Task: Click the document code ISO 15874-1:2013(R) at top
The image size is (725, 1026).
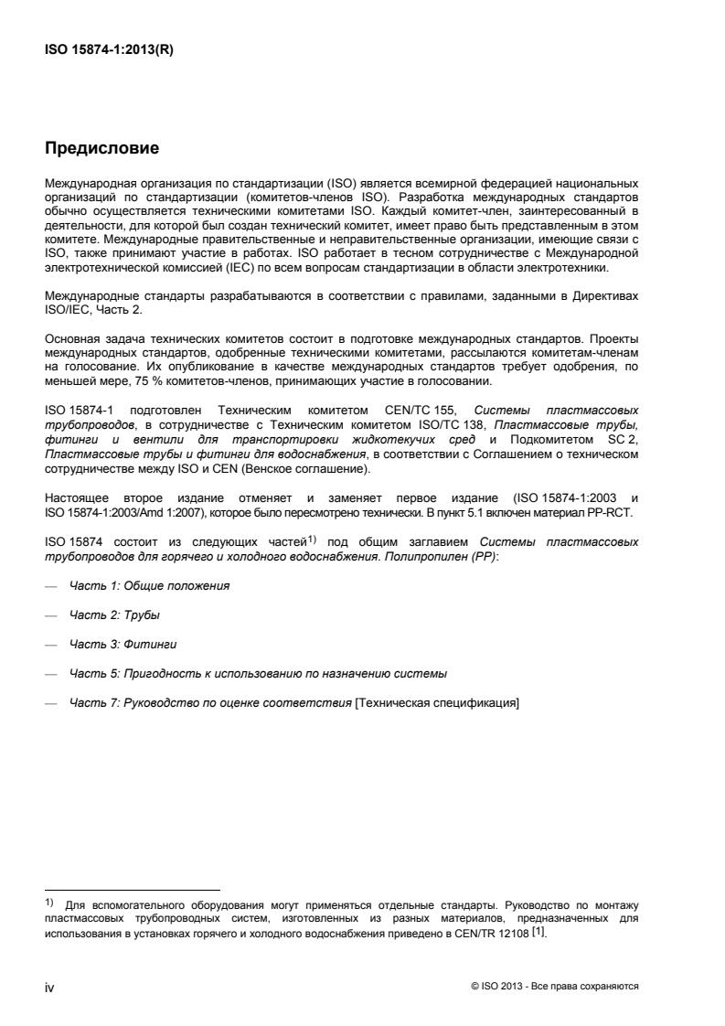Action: coord(109,51)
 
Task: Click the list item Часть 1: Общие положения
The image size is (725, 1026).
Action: coord(149,585)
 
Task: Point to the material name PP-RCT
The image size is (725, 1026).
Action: coord(619,512)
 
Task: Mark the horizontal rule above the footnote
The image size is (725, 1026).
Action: coord(133,889)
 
